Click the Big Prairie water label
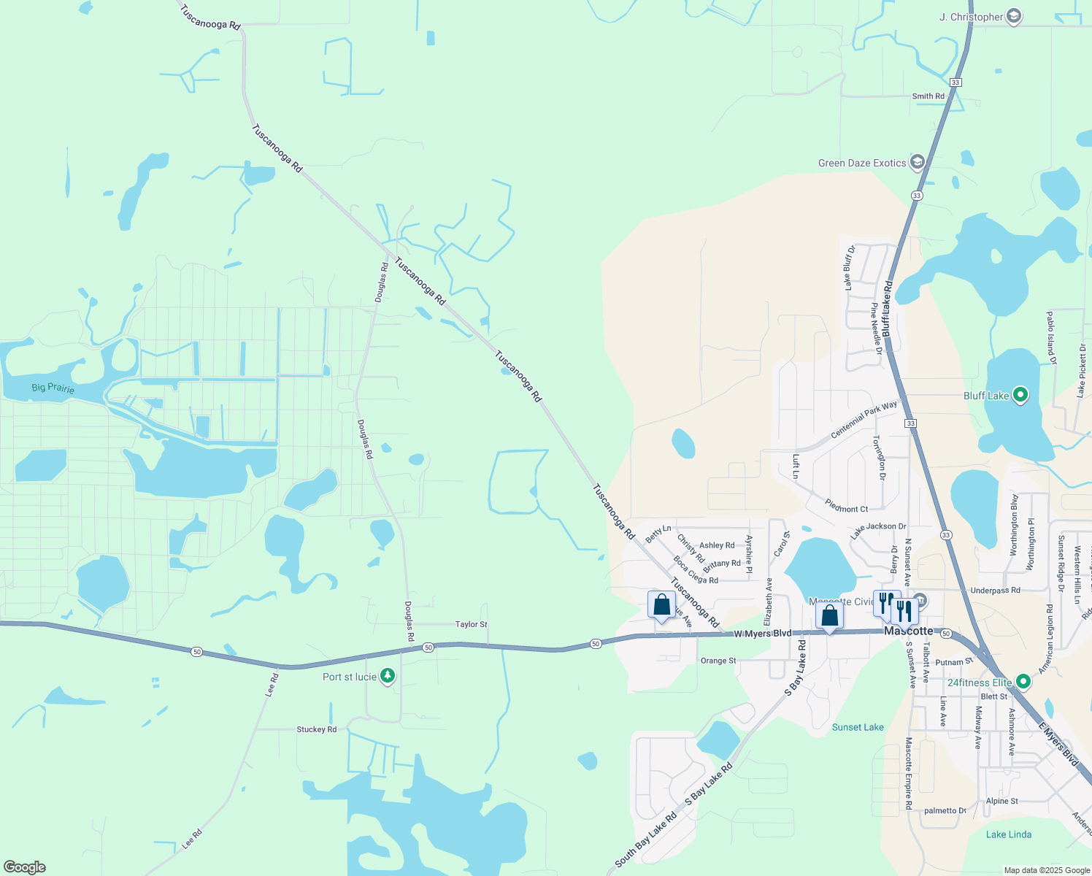53,388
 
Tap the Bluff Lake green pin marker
1021,396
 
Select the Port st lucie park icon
388,677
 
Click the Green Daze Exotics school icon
918,163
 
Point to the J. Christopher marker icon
1013,16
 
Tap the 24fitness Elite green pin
1023,682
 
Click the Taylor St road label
471,624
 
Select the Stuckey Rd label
316,729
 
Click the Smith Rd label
928,96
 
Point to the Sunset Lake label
858,727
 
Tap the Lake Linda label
1008,834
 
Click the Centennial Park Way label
864,419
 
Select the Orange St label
718,661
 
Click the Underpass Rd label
995,590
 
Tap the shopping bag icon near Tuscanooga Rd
661,605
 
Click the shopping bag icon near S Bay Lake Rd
830,615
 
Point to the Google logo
25,867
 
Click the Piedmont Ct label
846,506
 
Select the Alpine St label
1001,801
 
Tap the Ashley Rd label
717,545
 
